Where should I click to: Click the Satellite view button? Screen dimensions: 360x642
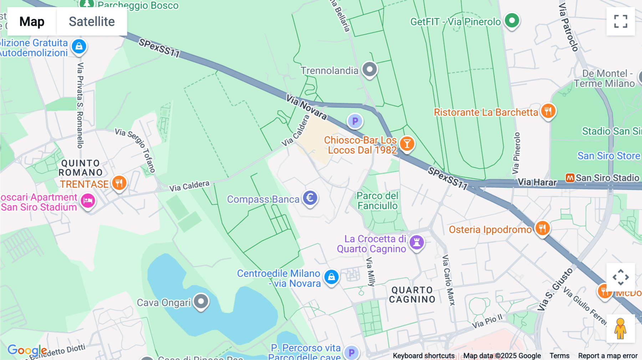92,22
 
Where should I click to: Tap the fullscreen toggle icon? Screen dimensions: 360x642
621,21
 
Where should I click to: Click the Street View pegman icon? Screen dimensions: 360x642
620,329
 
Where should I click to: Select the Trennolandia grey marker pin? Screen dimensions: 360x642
370,69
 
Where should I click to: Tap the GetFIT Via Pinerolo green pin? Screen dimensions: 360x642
512,21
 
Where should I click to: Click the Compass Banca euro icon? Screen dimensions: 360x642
310,198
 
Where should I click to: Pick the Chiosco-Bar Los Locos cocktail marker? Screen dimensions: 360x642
407,144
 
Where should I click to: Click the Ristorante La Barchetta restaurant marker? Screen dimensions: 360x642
548,111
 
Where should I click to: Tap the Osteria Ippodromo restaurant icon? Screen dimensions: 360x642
542,228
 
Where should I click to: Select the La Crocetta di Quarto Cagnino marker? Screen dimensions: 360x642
416,242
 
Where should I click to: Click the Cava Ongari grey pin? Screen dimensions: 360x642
201,302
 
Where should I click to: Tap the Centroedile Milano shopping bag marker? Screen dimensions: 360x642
331,277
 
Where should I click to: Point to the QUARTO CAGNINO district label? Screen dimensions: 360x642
412,295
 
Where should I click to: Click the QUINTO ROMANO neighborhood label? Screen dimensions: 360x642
81,168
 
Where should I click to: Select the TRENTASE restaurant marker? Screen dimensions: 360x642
119,183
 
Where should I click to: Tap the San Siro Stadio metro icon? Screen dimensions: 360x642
570,178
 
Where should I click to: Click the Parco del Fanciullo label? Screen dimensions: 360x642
377,201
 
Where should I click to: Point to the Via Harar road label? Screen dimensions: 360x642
537,182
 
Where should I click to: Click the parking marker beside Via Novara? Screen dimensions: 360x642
355,121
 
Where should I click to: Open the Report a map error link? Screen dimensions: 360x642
607,356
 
